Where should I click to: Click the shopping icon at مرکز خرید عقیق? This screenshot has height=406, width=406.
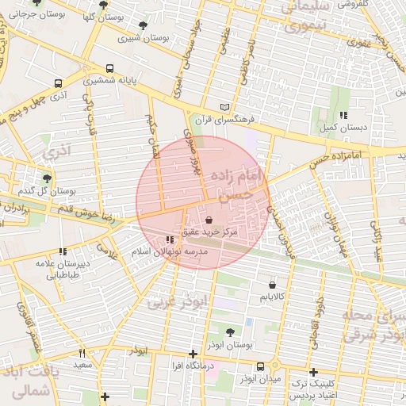click(x=209, y=220)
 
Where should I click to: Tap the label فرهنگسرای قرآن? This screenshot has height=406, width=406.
click(x=252, y=118)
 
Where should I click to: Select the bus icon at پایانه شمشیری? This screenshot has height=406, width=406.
click(x=109, y=68)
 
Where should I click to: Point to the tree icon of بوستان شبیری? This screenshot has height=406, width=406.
click(x=142, y=26)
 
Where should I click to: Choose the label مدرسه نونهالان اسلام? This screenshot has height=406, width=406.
click(x=169, y=251)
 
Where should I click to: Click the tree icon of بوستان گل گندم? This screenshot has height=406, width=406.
click(x=48, y=178)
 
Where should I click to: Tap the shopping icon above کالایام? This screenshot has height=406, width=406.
click(x=273, y=283)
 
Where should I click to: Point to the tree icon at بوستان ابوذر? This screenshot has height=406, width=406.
click(x=230, y=332)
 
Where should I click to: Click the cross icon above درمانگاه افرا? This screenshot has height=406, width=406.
click(x=193, y=354)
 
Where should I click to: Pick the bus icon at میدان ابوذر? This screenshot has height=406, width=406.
click(x=261, y=366)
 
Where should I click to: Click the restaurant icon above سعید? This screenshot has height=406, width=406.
click(x=81, y=353)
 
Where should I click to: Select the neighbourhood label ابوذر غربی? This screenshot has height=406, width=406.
click(x=176, y=301)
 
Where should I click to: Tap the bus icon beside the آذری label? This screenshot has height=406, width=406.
click(x=58, y=83)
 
